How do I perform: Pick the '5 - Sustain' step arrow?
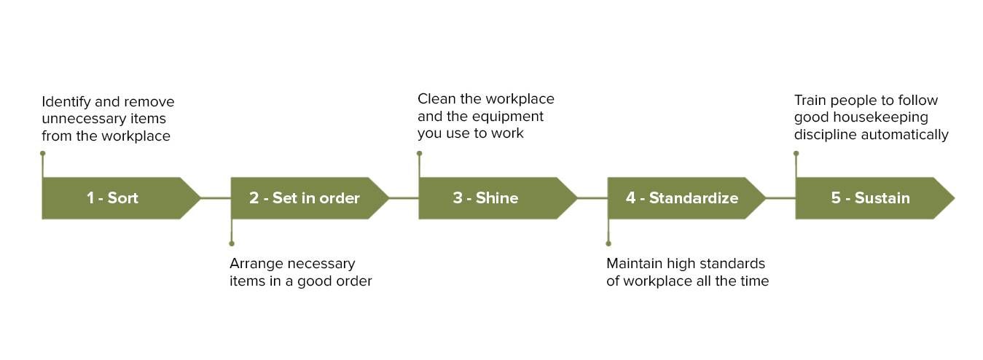coord(871,197)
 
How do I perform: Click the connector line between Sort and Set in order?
coord(216,197)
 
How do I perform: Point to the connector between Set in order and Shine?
coord(404,197)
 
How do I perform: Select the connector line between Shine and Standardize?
coord(592,197)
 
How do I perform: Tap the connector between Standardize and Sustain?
coord(780,197)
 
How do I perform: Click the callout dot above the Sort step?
coord(43,153)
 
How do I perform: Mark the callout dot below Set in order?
coord(232,243)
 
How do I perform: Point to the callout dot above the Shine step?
coord(420,153)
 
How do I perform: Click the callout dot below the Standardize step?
coord(608,243)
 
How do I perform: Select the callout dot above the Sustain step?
coord(796,153)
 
